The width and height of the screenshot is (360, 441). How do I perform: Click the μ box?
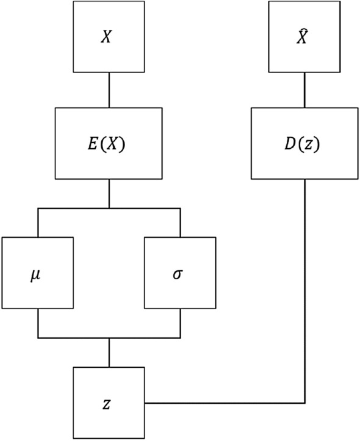38,272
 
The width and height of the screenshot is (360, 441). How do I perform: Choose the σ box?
180,272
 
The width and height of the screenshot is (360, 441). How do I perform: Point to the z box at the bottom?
109,403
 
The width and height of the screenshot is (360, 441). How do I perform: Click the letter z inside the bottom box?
107,403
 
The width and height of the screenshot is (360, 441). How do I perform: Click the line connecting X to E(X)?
109,90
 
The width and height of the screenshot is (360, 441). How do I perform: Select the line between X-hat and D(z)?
304,90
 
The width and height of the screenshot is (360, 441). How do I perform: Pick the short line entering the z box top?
109,352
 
